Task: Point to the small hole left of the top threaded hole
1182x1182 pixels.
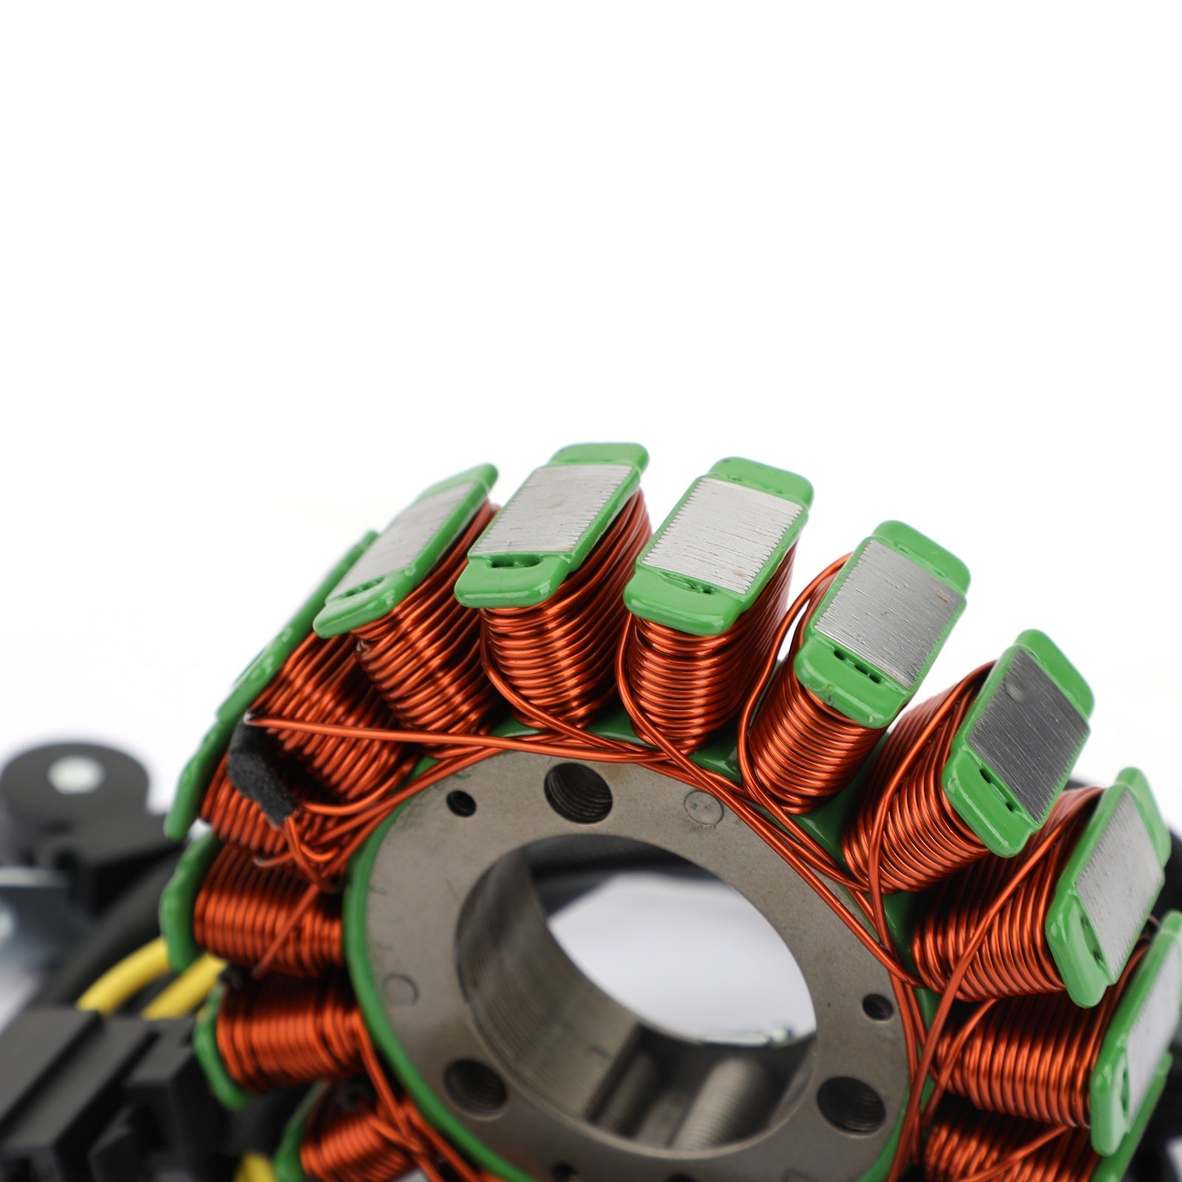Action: (x=462, y=803)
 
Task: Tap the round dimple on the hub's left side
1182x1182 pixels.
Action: (x=400, y=988)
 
